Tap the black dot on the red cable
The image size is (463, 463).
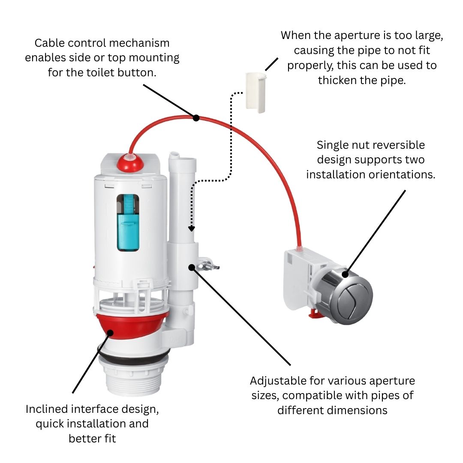[196, 117]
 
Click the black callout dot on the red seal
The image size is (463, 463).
[111, 332]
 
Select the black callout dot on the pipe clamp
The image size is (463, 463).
[191, 267]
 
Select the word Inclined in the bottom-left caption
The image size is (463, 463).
[46, 409]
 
